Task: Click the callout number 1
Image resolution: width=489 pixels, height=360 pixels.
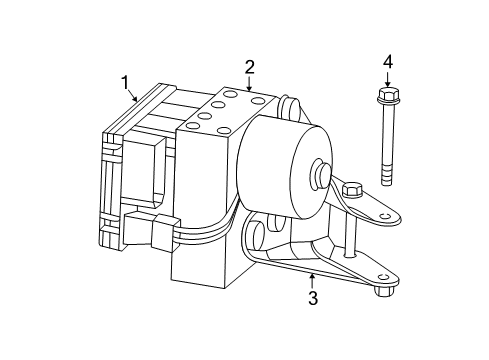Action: click(x=126, y=80)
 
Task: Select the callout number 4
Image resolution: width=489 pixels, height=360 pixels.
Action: click(x=388, y=63)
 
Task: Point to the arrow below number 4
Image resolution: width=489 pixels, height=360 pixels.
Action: click(x=388, y=79)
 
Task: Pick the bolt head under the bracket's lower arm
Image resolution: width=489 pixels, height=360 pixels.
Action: click(x=384, y=291)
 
